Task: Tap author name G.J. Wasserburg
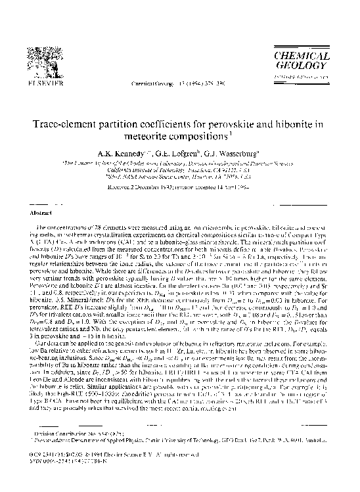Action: pyautogui.click(x=235, y=155)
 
